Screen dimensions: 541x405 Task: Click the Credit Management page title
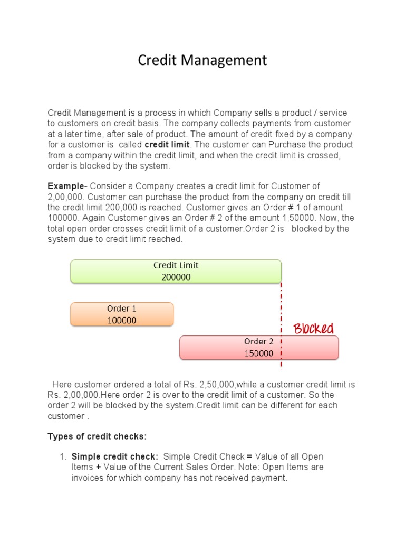[x=202, y=60]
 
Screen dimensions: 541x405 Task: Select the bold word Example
[x=65, y=186]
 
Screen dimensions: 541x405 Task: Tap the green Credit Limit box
[x=176, y=271]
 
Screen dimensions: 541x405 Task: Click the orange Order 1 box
[x=122, y=314]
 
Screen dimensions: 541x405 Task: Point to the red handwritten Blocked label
[x=313, y=329]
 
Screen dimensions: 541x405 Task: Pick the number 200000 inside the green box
[x=176, y=277]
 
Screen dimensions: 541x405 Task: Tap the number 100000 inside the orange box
[x=122, y=320]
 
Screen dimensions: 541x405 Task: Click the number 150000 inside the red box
[x=258, y=353]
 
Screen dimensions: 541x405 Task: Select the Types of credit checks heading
[x=97, y=436]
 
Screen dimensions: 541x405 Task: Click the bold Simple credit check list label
[x=114, y=456]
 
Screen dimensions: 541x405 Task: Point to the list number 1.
[x=62, y=456]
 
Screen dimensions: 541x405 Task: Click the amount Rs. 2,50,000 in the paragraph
[x=209, y=385]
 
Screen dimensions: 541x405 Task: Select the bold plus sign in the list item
[x=98, y=467]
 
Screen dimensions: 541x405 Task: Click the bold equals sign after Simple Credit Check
[x=249, y=456]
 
